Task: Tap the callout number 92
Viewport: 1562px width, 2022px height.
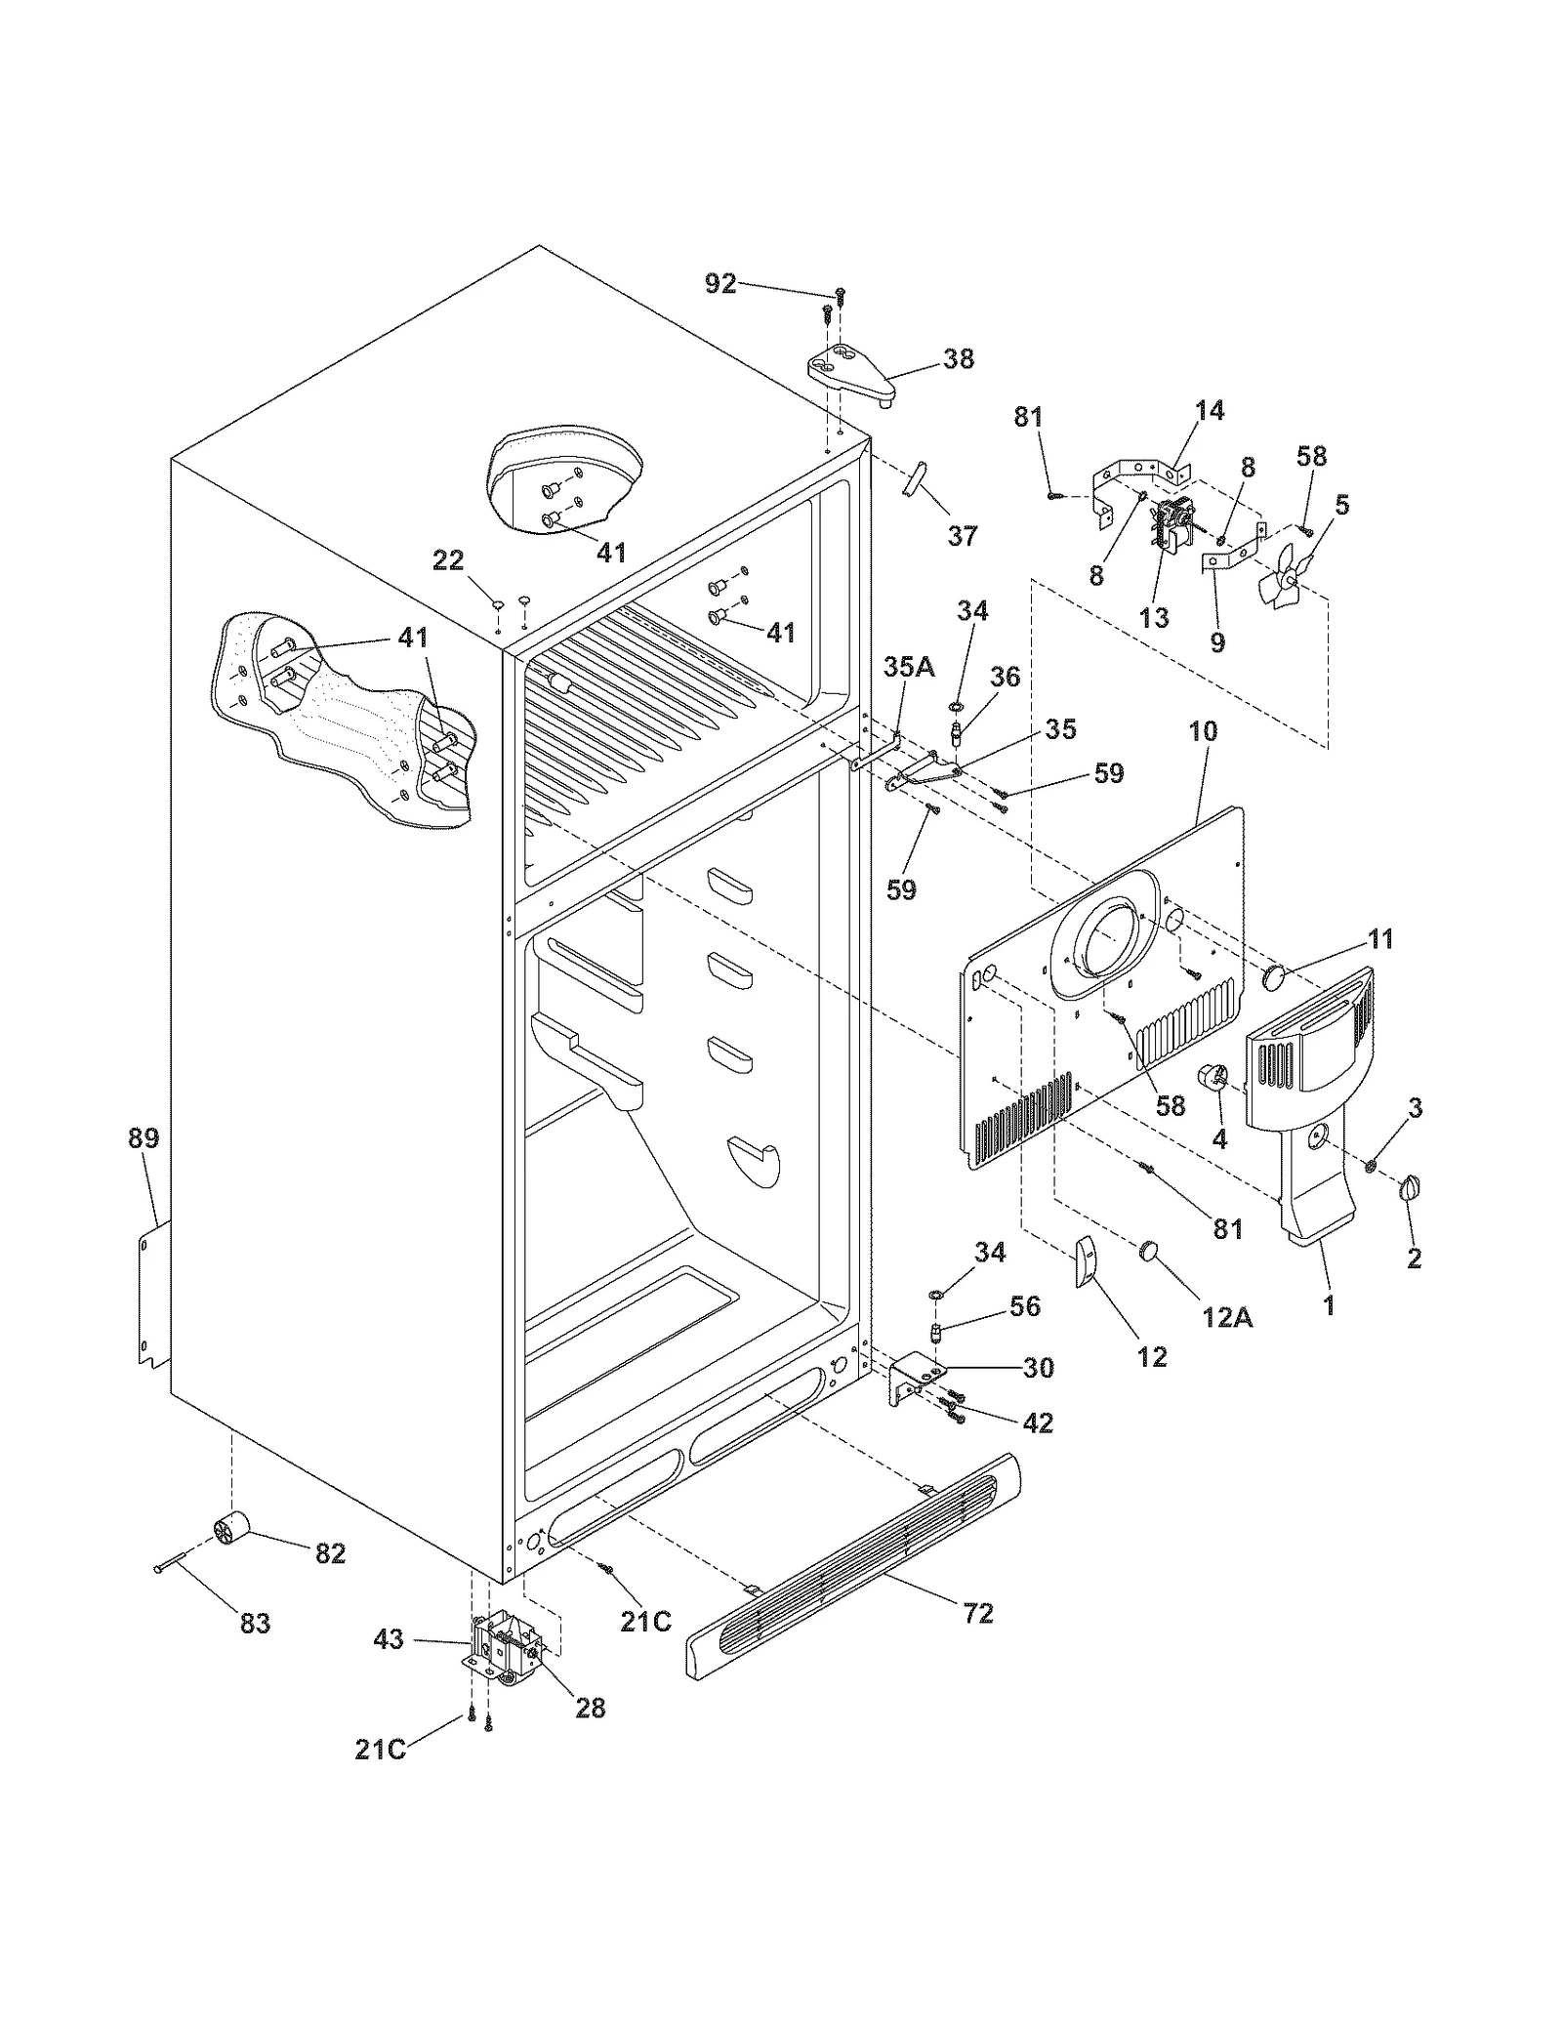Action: [x=720, y=284]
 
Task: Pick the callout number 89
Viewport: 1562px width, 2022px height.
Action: [x=144, y=1137]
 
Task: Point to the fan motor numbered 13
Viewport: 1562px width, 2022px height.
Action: [x=1170, y=528]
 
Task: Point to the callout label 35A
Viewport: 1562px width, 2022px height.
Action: [x=908, y=667]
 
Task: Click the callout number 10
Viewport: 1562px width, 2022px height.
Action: [x=1203, y=730]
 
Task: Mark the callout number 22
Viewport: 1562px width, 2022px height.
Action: [x=448, y=559]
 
